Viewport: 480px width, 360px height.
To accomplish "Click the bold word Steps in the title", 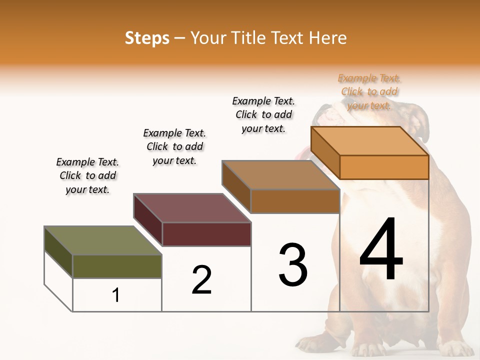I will (147, 38).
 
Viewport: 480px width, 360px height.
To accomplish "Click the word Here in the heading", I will (327, 38).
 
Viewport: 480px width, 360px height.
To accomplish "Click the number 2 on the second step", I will (201, 279).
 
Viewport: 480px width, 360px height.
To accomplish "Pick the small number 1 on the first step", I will (116, 295).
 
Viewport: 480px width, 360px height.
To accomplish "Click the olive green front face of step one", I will (117, 266).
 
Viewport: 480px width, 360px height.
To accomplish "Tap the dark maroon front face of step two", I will (206, 234).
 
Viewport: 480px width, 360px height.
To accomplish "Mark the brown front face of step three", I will (295, 201).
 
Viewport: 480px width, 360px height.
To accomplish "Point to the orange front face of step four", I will (384, 167).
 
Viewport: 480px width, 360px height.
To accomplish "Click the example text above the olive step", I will (87, 175).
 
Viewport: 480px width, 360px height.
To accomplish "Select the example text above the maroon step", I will (174, 146).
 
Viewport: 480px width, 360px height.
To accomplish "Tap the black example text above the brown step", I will (263, 114).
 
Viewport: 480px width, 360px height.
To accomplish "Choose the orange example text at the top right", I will (369, 91).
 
